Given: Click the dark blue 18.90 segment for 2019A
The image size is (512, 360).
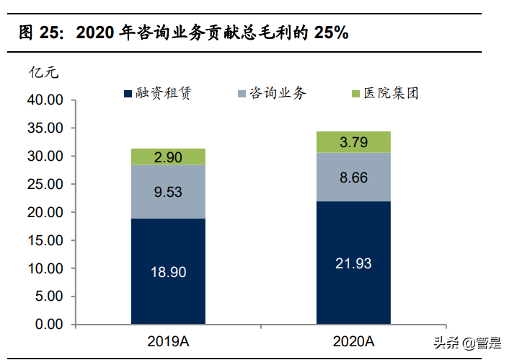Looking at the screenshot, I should [x=167, y=271].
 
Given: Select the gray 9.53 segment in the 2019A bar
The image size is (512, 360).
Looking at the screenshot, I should [x=167, y=192].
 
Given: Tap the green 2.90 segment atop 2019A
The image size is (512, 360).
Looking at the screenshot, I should [x=167, y=157].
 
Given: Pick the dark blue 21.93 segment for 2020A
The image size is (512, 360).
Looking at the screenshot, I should [x=353, y=263].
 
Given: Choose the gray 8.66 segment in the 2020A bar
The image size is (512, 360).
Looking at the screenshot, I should [x=353, y=177].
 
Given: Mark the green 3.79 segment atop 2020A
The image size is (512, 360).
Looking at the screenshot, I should [x=353, y=142].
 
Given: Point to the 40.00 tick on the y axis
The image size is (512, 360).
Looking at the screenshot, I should [x=45, y=100].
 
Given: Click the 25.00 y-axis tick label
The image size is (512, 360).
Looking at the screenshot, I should [x=45, y=185].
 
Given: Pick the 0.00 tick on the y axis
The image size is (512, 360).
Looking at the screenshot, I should [x=49, y=325].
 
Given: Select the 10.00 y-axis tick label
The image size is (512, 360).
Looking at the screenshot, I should [x=45, y=268].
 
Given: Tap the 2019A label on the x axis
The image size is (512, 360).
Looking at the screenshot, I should [x=167, y=341].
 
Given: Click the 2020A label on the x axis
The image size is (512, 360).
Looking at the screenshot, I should [x=353, y=341].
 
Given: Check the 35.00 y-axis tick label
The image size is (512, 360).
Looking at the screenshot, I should [x=45, y=128].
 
